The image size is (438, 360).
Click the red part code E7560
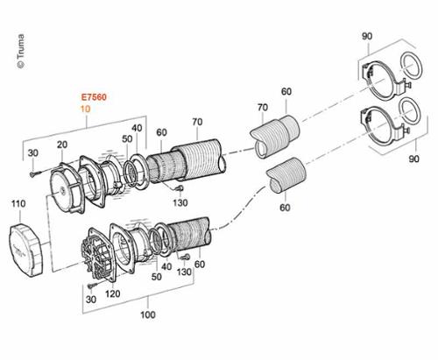coord(94,97)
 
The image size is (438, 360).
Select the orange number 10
coord(85,109)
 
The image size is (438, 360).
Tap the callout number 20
coord(62,145)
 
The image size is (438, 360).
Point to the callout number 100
coord(148,314)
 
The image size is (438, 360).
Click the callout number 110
coord(18,203)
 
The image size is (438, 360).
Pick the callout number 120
coord(113,293)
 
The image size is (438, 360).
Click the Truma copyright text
coord(21,52)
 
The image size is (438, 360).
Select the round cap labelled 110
coord(26,250)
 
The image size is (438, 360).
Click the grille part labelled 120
coord(98,257)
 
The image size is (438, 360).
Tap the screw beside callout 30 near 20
coord(34,173)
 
